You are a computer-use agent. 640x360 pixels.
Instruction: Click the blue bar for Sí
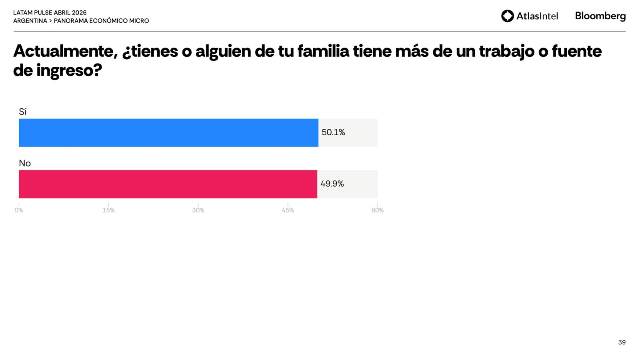[168, 132]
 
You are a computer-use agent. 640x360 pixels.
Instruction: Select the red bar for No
[168, 184]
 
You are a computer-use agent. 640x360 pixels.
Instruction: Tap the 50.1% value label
[333, 132]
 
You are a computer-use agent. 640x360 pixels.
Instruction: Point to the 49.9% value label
[332, 184]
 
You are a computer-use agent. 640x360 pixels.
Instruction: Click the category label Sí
[22, 112]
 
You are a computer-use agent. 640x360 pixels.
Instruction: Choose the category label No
[25, 163]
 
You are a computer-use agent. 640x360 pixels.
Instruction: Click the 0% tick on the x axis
[19, 210]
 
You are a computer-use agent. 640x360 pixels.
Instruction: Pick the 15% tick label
[108, 210]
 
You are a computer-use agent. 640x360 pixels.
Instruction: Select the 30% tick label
[198, 210]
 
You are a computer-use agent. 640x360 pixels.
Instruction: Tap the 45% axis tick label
[288, 210]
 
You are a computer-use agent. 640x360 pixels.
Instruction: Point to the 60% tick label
[377, 210]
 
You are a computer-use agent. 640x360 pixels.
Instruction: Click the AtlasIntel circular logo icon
[507, 16]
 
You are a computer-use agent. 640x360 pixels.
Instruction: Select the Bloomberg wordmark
[600, 16]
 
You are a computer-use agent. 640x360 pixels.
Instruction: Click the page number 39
[622, 342]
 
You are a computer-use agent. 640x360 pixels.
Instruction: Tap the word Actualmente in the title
[65, 51]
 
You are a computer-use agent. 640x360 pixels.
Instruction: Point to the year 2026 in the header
[79, 13]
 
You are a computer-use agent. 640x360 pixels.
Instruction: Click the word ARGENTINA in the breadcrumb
[30, 21]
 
